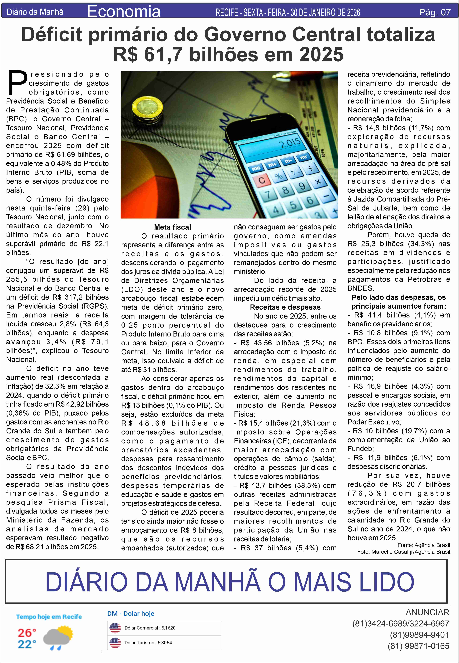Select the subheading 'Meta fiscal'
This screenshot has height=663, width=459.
[x=172, y=227]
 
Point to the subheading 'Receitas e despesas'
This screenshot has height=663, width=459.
[x=285, y=307]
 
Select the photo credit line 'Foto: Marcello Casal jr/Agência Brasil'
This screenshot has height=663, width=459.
[x=403, y=551]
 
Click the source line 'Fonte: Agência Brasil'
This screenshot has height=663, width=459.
[x=424, y=545]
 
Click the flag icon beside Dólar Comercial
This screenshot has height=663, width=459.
[x=115, y=628]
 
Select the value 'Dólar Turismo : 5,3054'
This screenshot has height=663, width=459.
[x=148, y=643]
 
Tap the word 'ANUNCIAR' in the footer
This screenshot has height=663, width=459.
[x=427, y=612]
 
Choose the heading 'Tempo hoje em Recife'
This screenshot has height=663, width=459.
[x=49, y=617]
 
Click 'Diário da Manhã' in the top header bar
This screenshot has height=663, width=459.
[x=35, y=12]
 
